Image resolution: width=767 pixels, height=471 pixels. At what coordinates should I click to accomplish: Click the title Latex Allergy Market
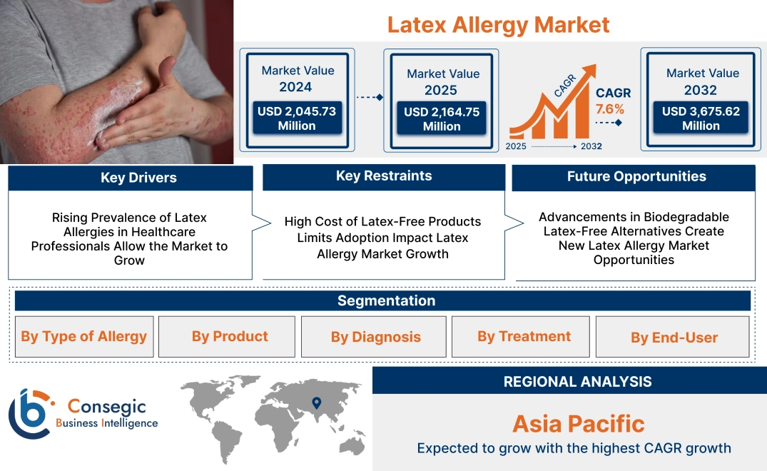click(x=498, y=25)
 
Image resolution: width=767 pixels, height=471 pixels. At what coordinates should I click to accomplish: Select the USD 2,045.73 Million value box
click(x=296, y=118)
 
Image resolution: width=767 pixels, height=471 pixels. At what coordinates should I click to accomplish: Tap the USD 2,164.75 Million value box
click(x=442, y=119)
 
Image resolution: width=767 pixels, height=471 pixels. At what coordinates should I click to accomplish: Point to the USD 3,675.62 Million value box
click(x=701, y=118)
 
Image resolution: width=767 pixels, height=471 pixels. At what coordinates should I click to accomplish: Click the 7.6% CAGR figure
click(x=609, y=109)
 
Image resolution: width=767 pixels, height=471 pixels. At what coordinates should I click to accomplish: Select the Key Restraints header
click(x=383, y=176)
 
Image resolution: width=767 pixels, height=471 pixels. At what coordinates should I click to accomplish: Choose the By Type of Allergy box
click(x=83, y=337)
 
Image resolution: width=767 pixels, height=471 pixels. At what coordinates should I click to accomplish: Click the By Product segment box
click(x=229, y=337)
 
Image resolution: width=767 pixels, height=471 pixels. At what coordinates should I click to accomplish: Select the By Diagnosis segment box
click(x=375, y=337)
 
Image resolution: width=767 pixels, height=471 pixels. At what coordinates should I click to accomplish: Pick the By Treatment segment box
click(x=524, y=337)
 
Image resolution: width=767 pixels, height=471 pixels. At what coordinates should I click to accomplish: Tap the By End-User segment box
click(x=674, y=337)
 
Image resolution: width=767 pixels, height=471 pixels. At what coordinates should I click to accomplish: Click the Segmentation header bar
click(x=385, y=300)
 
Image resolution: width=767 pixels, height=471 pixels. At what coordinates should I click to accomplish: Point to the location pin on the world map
click(x=316, y=404)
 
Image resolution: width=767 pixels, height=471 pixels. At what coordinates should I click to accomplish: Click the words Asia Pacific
click(x=578, y=424)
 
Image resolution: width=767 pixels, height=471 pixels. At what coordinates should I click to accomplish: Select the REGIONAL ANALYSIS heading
click(x=577, y=382)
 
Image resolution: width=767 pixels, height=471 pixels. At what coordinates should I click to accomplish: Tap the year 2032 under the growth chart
click(x=590, y=146)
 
